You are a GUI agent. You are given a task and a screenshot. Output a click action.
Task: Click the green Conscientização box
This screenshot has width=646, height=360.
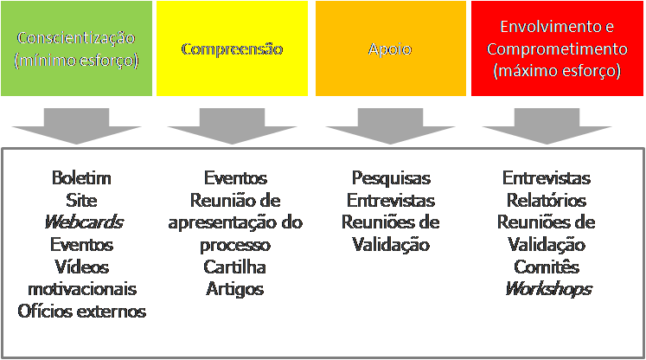coord(75,48)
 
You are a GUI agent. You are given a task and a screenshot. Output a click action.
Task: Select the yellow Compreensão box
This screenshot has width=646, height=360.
coord(231,48)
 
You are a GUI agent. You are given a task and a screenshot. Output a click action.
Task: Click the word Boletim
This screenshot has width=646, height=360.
coord(81,178)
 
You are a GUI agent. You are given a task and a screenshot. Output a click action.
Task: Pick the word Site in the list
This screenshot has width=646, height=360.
coord(81,200)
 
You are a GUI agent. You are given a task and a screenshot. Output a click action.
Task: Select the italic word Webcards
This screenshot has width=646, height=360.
coord(81,222)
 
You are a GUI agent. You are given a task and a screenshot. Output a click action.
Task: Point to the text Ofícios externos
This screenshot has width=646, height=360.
coord(81,311)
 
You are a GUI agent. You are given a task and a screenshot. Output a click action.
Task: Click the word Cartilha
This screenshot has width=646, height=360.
coord(234,267)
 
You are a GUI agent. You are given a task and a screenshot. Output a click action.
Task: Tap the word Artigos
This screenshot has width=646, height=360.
coord(234,288)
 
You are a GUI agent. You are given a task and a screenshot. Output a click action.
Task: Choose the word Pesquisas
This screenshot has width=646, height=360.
coord(391,178)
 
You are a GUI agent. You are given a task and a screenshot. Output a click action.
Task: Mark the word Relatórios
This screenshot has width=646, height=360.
coord(547,200)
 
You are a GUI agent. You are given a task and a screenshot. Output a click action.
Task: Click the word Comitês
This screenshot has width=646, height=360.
coord(547,267)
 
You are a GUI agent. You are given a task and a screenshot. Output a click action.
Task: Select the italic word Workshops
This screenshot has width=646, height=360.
coord(547,288)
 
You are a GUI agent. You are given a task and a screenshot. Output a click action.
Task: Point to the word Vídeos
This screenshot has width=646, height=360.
coord(81,267)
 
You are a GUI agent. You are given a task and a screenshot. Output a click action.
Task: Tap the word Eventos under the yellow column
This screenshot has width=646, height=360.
coord(234,178)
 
